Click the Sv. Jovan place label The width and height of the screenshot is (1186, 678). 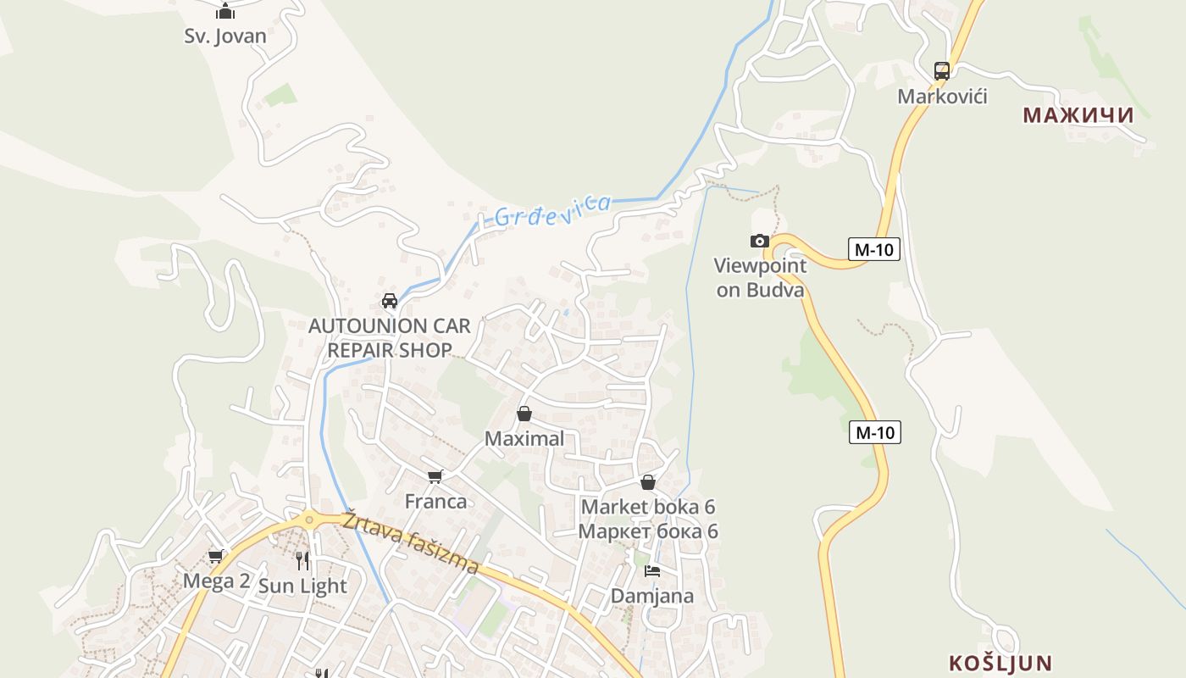225,36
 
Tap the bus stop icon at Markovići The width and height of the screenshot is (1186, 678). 941,71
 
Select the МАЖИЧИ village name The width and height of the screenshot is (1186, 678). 1078,114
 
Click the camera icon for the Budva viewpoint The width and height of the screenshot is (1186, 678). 760,241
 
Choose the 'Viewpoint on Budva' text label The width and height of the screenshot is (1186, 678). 760,278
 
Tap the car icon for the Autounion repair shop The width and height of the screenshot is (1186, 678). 390,301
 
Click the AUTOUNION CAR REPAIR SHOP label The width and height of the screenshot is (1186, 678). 389,337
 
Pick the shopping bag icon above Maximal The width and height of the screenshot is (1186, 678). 524,414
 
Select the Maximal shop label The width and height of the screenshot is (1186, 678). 524,438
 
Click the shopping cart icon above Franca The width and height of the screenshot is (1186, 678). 435,476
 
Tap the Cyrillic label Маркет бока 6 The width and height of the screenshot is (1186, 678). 648,531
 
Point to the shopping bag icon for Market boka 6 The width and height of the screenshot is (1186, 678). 648,482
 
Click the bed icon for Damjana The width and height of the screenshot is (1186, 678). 652,570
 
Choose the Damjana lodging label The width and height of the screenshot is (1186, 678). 652,596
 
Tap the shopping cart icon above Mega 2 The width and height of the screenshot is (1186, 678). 216,557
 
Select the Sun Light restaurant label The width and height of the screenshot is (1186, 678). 302,586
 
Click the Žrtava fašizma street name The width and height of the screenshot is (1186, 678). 412,542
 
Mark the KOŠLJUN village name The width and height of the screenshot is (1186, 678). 1000,663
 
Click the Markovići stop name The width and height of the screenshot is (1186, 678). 942,96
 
